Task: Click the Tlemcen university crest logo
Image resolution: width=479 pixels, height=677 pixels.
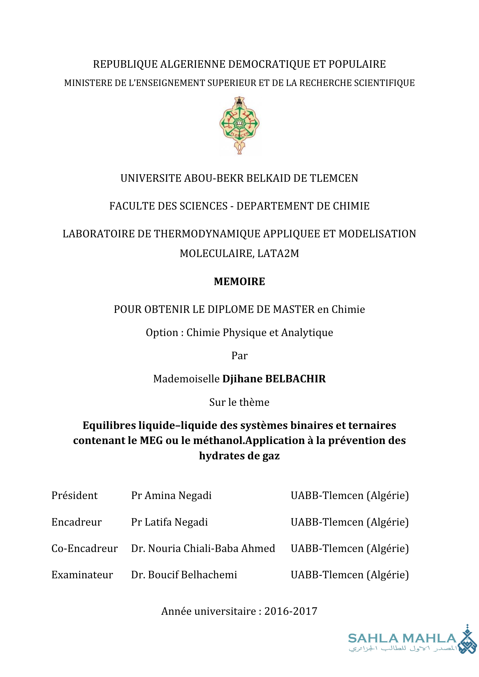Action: pyautogui.click(x=239, y=125)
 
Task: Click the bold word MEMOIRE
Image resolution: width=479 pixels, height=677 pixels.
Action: pyautogui.click(x=239, y=282)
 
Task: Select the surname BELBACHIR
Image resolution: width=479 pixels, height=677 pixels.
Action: pyautogui.click(x=296, y=379)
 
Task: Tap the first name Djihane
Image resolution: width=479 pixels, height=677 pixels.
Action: pyautogui.click(x=242, y=379)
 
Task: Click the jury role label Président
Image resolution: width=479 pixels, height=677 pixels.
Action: pyautogui.click(x=74, y=496)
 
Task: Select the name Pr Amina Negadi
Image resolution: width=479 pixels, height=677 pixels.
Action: pyautogui.click(x=171, y=496)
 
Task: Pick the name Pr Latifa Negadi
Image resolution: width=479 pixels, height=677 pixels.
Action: pyautogui.click(x=169, y=522)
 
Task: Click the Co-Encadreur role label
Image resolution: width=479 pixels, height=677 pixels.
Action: pyautogui.click(x=84, y=548)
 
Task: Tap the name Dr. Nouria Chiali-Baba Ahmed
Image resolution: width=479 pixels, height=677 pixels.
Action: pyautogui.click(x=203, y=548)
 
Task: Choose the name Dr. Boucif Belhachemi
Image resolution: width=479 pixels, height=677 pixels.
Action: pyautogui.click(x=184, y=575)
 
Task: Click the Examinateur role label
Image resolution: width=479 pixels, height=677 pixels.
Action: pyautogui.click(x=82, y=575)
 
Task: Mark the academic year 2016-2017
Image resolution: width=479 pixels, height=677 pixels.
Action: pyautogui.click(x=290, y=611)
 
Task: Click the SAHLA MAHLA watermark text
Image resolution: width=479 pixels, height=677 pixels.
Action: pyautogui.click(x=402, y=639)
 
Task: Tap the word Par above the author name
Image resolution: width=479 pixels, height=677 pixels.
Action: pyautogui.click(x=239, y=356)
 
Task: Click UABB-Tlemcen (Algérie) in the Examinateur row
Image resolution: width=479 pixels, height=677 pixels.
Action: pyautogui.click(x=350, y=575)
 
